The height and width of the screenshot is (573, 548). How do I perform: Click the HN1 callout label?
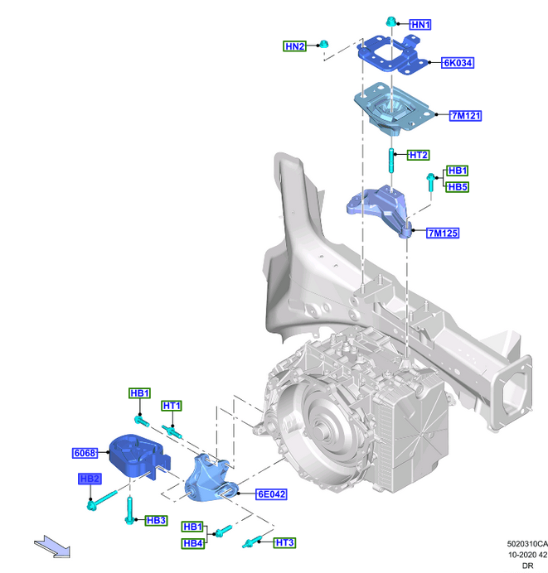420,25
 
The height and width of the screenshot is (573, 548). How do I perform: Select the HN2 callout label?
294,46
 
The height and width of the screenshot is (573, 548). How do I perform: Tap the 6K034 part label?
458,63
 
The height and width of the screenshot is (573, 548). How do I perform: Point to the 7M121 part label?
466,116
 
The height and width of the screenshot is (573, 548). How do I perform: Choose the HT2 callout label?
419,155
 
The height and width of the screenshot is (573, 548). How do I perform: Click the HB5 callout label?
458,187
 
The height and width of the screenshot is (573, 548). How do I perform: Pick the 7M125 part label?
443,233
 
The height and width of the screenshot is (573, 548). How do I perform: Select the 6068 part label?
85,453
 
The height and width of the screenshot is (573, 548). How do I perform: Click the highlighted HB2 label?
90,479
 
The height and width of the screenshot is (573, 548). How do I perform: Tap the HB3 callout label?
156,520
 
